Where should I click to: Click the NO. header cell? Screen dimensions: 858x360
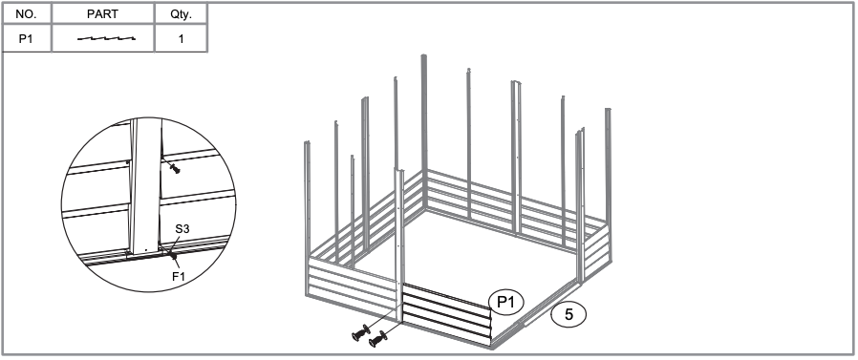[x=26, y=14]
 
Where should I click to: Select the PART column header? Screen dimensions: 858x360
[x=102, y=14]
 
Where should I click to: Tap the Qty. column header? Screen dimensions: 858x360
[x=182, y=14]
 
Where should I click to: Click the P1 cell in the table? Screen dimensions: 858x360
[x=26, y=39]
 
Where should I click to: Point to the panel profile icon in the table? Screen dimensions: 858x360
[x=106, y=39]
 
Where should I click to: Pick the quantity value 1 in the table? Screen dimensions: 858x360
[x=182, y=39]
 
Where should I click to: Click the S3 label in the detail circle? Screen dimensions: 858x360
[x=182, y=228]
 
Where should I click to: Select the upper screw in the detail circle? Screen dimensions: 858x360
[x=175, y=168]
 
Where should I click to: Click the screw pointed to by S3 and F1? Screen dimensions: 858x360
[x=172, y=256]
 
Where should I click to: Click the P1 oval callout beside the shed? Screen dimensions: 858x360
[x=505, y=302]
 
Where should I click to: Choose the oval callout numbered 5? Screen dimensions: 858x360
[x=568, y=314]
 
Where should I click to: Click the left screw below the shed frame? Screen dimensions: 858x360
[x=361, y=332]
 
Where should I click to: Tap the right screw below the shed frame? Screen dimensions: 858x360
[x=378, y=339]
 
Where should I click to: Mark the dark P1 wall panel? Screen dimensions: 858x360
[x=447, y=314]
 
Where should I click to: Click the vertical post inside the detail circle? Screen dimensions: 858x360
[x=145, y=186]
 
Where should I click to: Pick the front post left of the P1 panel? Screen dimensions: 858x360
[x=399, y=245]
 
